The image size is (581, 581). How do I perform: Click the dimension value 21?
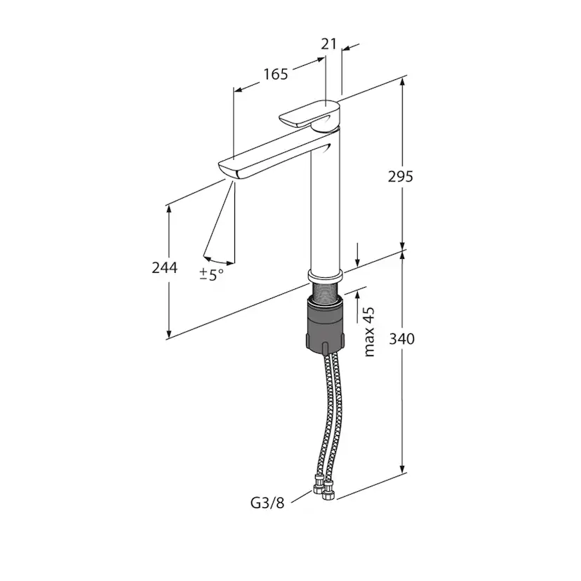[x=328, y=44]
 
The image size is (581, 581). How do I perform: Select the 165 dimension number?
[x=276, y=74]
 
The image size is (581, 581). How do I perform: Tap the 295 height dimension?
[x=400, y=177]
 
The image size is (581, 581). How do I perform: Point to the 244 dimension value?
[x=164, y=267]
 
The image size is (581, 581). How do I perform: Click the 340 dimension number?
[x=401, y=339]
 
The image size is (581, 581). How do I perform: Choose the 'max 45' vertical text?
[x=369, y=332]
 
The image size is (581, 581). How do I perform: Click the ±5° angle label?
[x=212, y=274]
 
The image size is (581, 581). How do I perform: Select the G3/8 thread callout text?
[x=267, y=503]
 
